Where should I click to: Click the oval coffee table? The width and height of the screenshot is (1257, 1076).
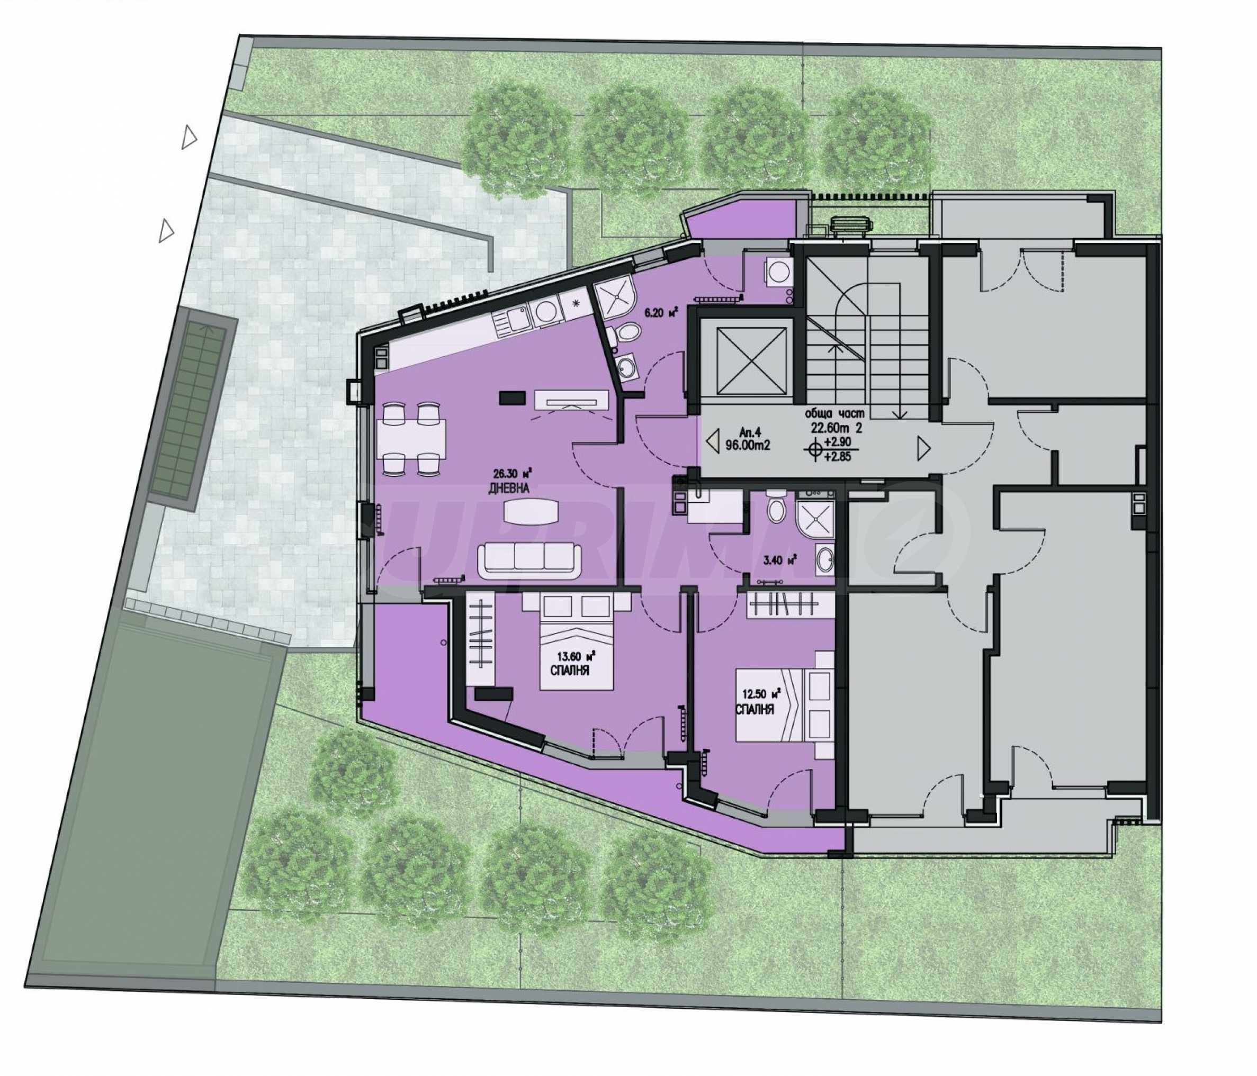pyautogui.click(x=529, y=510)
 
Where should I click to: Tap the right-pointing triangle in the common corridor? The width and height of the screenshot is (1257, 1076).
pyautogui.click(x=924, y=448)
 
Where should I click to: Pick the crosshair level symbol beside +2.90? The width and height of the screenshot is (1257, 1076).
pyautogui.click(x=814, y=449)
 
